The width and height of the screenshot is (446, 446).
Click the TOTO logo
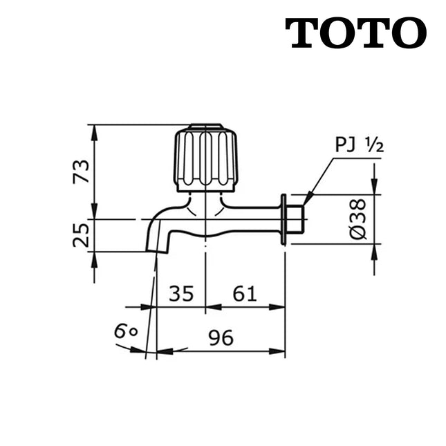point(355,32)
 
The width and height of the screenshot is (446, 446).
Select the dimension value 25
point(82,235)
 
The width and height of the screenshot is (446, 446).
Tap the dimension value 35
point(180,294)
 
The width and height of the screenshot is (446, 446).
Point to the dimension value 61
point(245,294)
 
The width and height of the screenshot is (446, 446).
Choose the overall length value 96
point(221,338)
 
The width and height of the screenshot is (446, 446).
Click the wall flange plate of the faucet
point(284,219)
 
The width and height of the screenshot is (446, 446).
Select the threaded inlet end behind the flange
point(296,219)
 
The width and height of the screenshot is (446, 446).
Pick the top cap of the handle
point(205,127)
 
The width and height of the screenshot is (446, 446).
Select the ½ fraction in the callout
point(374,145)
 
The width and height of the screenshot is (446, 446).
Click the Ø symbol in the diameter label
point(358,234)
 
